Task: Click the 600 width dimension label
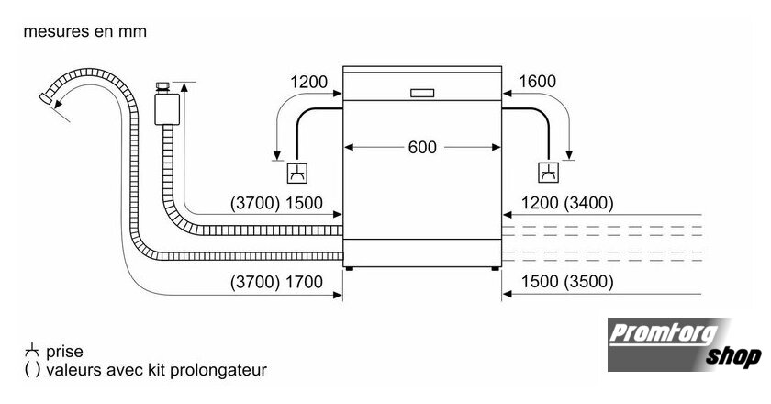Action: [422, 147]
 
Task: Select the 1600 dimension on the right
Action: [538, 81]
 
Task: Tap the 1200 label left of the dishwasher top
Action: [308, 82]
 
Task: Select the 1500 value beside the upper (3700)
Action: [305, 203]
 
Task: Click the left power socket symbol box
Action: [297, 173]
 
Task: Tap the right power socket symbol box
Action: [549, 173]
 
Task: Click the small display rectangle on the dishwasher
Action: [422, 93]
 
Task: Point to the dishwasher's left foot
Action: [349, 269]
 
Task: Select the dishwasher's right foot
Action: [495, 269]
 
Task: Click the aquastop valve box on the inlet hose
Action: [167, 108]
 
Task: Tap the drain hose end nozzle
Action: [47, 98]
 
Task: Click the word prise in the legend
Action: [64, 352]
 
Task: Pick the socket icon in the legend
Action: [31, 350]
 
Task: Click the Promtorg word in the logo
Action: [664, 334]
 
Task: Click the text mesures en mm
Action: [85, 31]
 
